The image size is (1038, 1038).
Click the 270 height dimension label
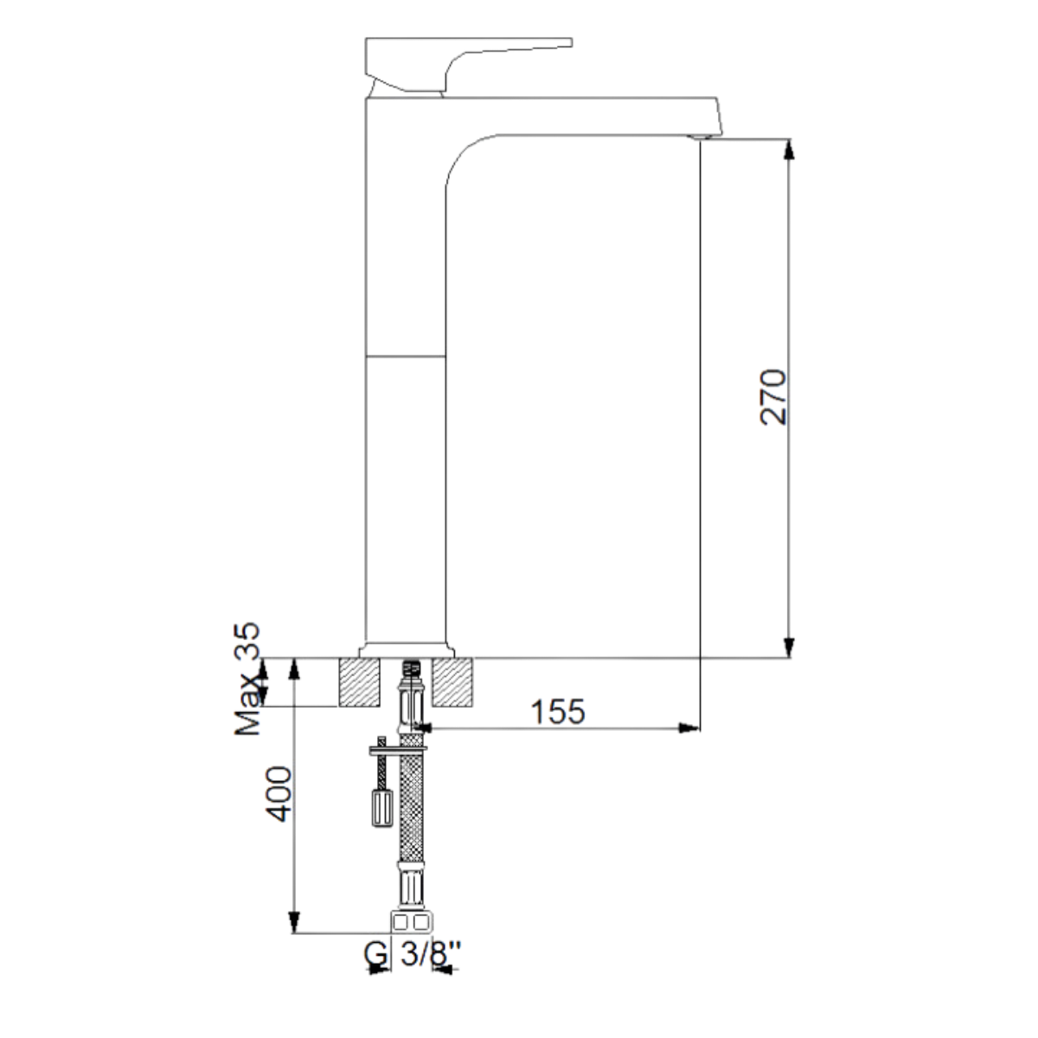click(x=772, y=396)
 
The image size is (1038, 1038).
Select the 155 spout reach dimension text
click(x=557, y=711)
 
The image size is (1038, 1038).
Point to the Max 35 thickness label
click(x=250, y=679)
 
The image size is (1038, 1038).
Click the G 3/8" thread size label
click(x=412, y=955)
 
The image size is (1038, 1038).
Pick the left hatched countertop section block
click(x=359, y=682)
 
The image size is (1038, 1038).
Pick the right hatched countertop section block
click(x=453, y=682)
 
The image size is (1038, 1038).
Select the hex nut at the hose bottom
click(x=410, y=922)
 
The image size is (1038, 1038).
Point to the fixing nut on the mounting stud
click(x=380, y=809)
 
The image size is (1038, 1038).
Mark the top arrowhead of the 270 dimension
click(x=788, y=150)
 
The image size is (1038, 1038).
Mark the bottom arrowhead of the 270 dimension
click(x=788, y=647)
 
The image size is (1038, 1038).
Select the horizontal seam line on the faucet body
click(x=407, y=356)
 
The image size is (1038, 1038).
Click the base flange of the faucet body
click(x=407, y=650)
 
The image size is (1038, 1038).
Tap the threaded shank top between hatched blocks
click(x=412, y=667)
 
